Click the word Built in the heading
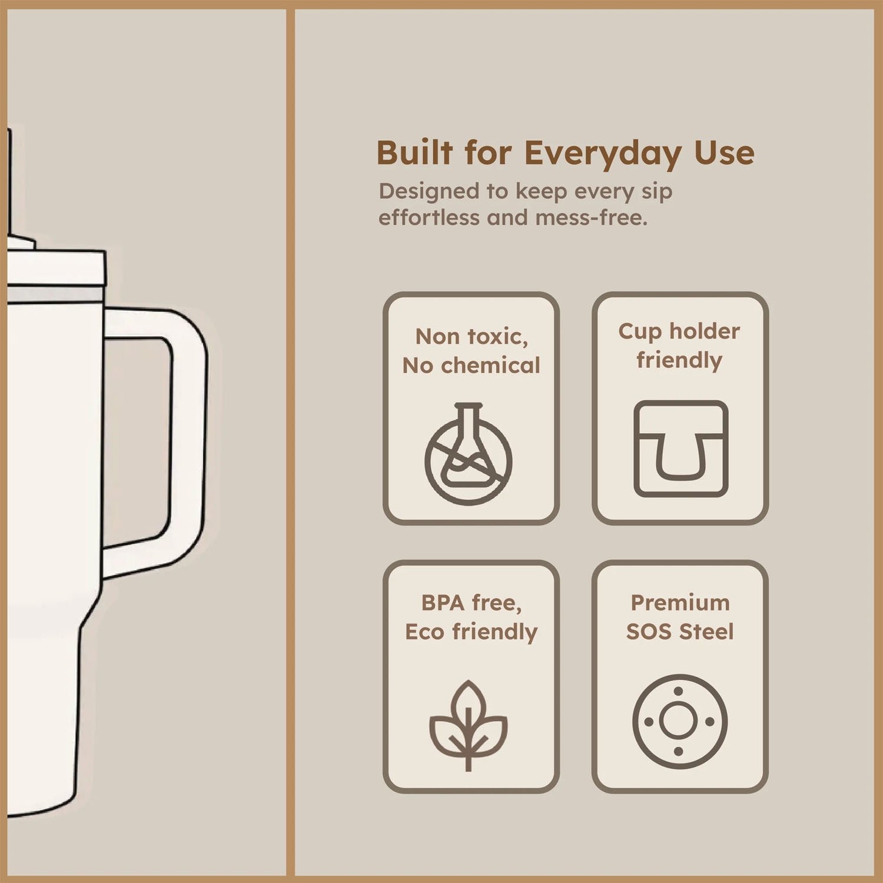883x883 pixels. pyautogui.click(x=414, y=153)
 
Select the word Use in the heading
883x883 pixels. pyautogui.click(x=723, y=153)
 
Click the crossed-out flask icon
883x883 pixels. pyautogui.click(x=469, y=454)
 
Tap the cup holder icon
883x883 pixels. pyautogui.click(x=680, y=449)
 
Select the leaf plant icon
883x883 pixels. pyautogui.click(x=468, y=725)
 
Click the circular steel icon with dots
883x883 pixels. pyautogui.click(x=680, y=721)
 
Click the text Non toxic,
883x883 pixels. pyautogui.click(x=472, y=337)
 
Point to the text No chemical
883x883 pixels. pyautogui.click(x=471, y=366)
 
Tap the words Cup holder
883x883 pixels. pyautogui.click(x=679, y=331)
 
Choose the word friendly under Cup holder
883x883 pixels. pyautogui.click(x=679, y=360)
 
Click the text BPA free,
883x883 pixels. pyautogui.click(x=471, y=603)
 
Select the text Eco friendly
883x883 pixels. pyautogui.click(x=471, y=632)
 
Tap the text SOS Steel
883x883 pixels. pyautogui.click(x=679, y=632)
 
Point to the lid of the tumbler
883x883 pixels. pyautogui.click(x=56, y=268)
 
